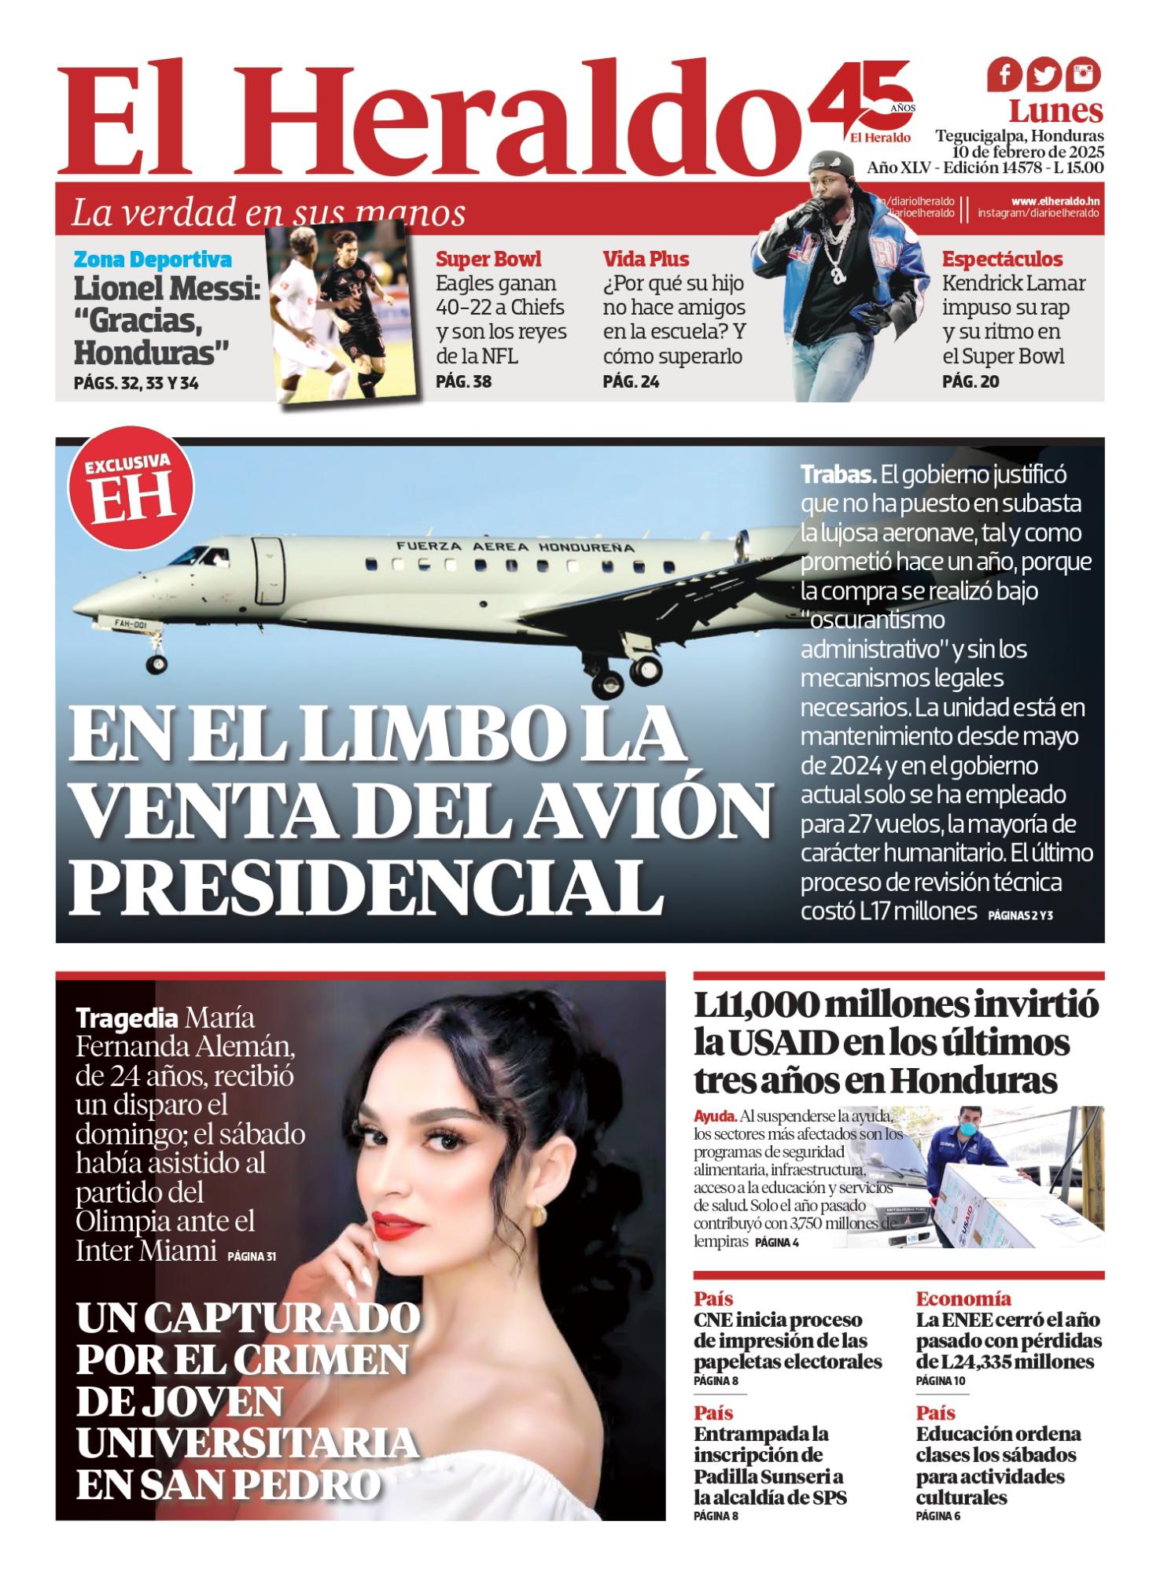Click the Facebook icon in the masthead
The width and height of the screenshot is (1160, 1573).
point(1004,76)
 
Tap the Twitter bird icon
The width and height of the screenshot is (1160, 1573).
point(1044,76)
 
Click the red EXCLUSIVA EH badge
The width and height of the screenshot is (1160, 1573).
point(132,494)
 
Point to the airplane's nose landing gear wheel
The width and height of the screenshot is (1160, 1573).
point(157,665)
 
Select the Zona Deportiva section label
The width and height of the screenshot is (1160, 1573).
point(153,260)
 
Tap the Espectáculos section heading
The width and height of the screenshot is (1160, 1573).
point(1002,260)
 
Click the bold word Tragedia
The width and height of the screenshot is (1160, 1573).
point(126,1019)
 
